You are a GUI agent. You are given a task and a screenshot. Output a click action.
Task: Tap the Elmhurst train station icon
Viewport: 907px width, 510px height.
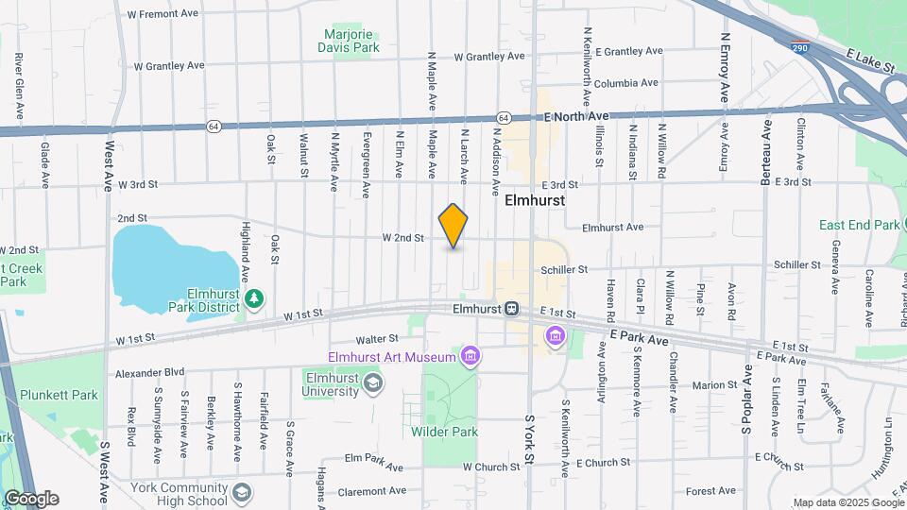[x=511, y=308]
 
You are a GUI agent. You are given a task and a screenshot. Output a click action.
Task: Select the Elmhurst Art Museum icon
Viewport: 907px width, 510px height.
[x=470, y=356]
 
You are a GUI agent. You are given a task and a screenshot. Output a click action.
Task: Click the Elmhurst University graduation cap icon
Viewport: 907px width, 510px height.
[x=374, y=382]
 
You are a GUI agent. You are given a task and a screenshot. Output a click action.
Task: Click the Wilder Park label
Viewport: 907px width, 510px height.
[x=444, y=432]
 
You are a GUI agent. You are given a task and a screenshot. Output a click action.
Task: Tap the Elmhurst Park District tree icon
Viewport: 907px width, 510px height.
[x=253, y=299]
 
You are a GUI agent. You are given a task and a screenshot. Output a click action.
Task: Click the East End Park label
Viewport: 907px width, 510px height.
[x=860, y=225]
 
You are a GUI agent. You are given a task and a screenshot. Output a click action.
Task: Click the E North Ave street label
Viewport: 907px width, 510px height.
[x=577, y=116]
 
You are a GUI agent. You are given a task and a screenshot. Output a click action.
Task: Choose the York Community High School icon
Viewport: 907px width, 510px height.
[x=243, y=493]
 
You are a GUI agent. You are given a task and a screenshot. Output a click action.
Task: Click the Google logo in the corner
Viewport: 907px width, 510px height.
[x=30, y=499]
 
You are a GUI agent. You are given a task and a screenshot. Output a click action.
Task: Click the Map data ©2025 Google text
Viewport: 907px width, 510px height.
[x=847, y=502]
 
